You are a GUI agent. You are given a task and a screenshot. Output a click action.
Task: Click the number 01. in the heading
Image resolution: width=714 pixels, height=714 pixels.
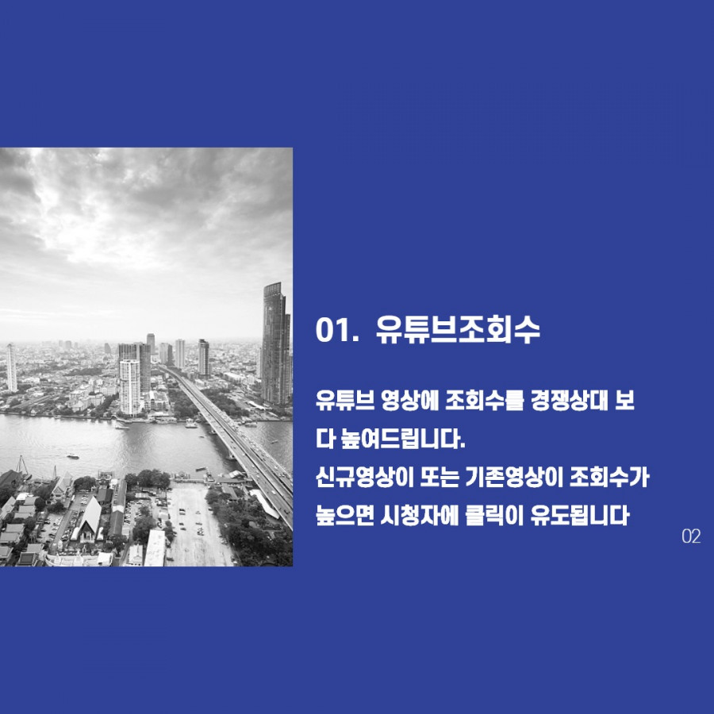click(x=335, y=329)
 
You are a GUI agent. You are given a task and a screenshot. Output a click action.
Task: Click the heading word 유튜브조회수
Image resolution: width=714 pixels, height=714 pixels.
click(x=458, y=329)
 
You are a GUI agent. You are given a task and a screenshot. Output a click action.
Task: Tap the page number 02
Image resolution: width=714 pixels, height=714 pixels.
click(x=691, y=536)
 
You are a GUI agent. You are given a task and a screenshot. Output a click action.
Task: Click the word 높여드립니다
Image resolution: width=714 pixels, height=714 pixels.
click(x=403, y=440)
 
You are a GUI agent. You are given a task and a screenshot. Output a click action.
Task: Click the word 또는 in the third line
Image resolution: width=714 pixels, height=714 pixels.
click(x=439, y=478)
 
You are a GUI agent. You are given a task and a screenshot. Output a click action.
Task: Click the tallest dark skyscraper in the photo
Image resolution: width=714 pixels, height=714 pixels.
click(x=275, y=344)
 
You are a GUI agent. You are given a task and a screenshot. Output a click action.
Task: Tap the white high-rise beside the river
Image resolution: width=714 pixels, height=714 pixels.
click(x=130, y=387)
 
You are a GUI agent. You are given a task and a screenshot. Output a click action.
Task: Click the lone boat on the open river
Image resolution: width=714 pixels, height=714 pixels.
click(x=72, y=456)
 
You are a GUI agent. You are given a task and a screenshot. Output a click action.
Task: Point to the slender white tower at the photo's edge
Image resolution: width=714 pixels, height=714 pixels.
click(x=11, y=368)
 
